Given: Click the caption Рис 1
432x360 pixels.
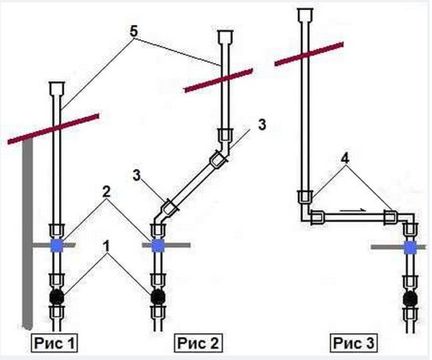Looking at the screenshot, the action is tap(54, 343).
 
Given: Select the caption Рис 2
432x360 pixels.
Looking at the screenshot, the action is tap(198, 343).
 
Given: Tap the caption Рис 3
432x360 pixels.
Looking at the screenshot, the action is tap(354, 343).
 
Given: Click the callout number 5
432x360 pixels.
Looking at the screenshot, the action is tap(133, 32).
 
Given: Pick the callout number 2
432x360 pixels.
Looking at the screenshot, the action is tap(107, 192).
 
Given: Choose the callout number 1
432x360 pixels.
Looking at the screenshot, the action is tap(107, 246).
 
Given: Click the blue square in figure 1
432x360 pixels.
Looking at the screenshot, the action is tap(57, 246).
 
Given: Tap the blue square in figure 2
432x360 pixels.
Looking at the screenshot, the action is tap(158, 246).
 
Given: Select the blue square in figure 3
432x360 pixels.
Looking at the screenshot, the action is tap(410, 248).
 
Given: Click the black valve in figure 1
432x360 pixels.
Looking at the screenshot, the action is tap(56, 297).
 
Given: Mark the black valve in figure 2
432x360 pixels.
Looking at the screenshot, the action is tap(158, 297).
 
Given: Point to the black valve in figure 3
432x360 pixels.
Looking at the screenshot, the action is tap(410, 299).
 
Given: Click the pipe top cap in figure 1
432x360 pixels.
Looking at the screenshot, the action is tap(57, 88).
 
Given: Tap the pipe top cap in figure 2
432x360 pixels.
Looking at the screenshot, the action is tap(225, 37).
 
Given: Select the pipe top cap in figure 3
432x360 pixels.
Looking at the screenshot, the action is tap(305, 14).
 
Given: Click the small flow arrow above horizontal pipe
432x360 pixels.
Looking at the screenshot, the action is tap(353, 210).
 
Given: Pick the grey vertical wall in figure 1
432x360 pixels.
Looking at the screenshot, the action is tap(27, 234).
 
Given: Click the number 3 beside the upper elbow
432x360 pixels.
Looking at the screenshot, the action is tap(262, 125).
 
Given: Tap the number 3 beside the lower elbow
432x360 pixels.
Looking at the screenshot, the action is tap(137, 176).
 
